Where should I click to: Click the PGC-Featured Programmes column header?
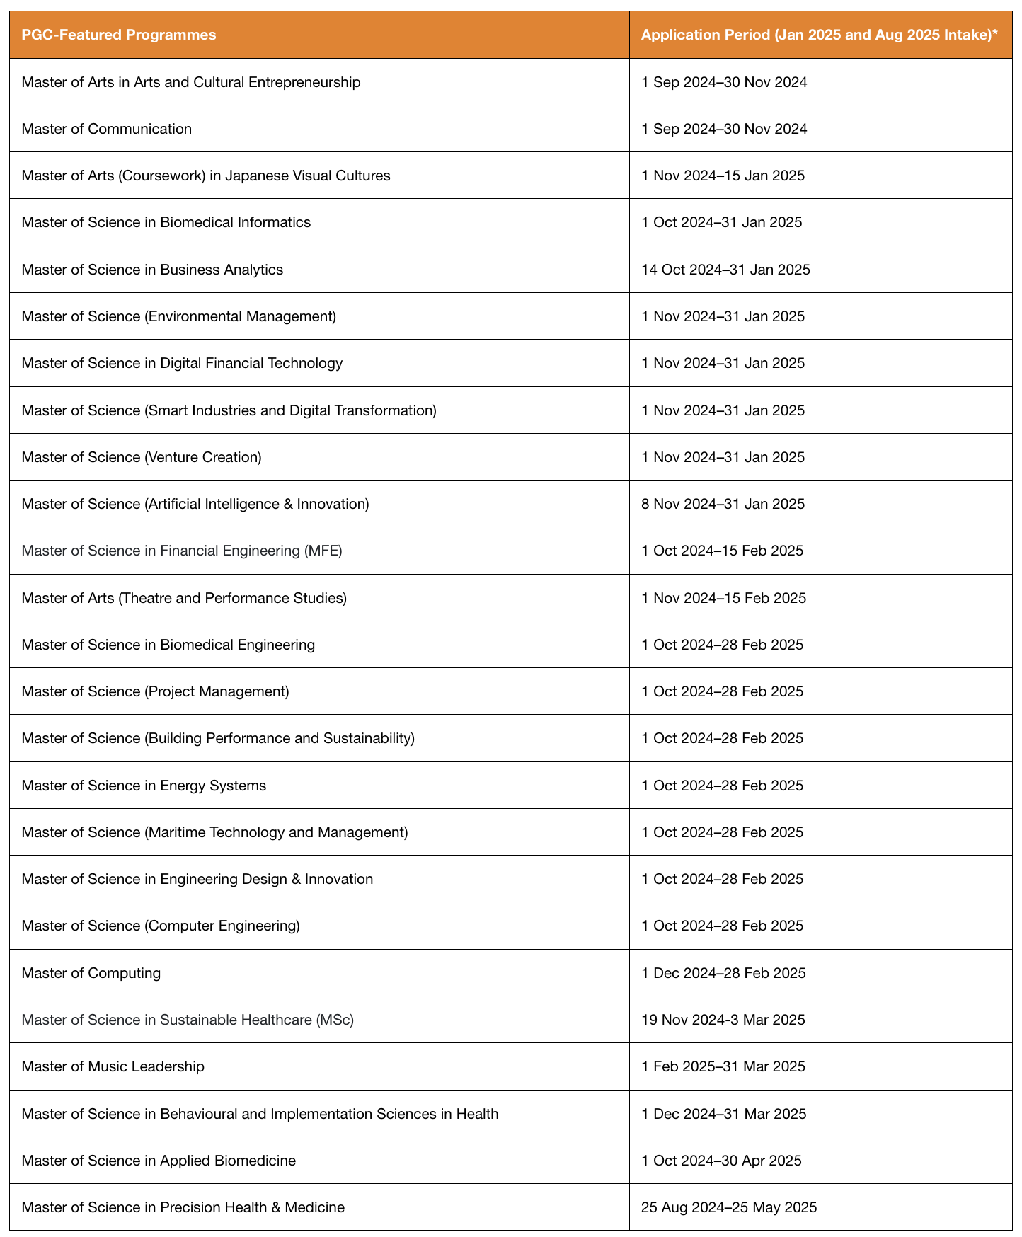[x=119, y=35]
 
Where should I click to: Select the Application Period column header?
[x=819, y=35]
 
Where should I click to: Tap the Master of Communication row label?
[x=107, y=129]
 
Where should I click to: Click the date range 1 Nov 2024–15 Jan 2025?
[x=723, y=176]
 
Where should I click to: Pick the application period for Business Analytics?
[x=725, y=270]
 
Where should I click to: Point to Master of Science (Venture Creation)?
[x=142, y=457]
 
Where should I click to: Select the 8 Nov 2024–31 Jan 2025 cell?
[x=723, y=504]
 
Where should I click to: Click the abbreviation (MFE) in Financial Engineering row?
[x=323, y=551]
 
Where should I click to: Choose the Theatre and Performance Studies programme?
[x=184, y=598]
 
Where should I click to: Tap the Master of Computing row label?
[x=91, y=973]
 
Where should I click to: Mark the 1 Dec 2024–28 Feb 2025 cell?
[x=723, y=973]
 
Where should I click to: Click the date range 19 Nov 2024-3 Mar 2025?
[x=723, y=1020]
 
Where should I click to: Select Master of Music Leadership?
[x=113, y=1066]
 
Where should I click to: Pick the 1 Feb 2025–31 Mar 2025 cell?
[x=723, y=1066]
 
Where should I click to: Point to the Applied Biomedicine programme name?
[x=159, y=1161]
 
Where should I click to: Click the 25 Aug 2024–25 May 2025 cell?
[x=729, y=1207]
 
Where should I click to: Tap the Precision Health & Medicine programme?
[x=183, y=1207]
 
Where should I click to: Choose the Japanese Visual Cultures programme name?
[x=206, y=176]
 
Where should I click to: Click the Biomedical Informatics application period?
[x=721, y=222]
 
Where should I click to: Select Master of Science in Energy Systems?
[x=144, y=786]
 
